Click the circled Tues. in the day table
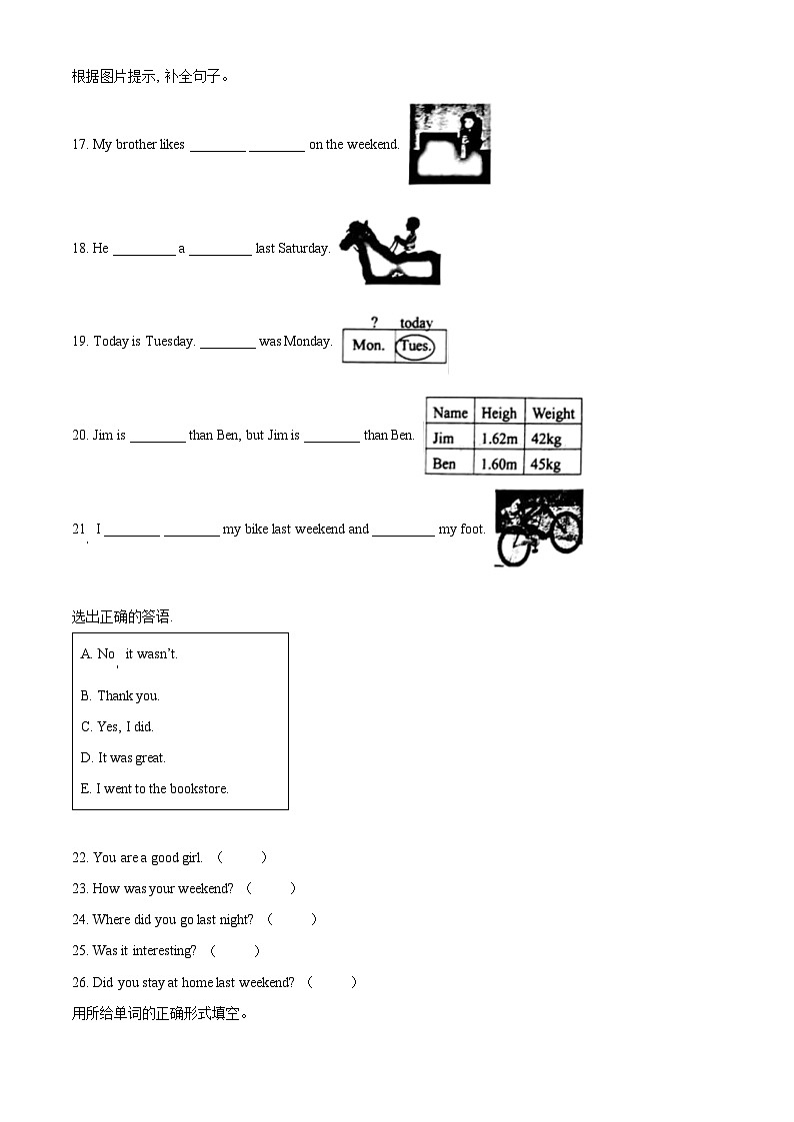415,346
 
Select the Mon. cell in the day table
368,346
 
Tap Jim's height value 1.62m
498,439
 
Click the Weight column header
553,413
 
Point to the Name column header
450,413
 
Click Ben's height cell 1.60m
498,464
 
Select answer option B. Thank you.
120,695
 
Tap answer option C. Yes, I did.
117,726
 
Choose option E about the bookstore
155,788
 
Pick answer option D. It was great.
123,757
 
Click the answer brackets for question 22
242,857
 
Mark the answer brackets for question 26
332,982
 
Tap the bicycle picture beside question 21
538,527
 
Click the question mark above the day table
374,323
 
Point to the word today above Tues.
416,323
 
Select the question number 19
80,341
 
